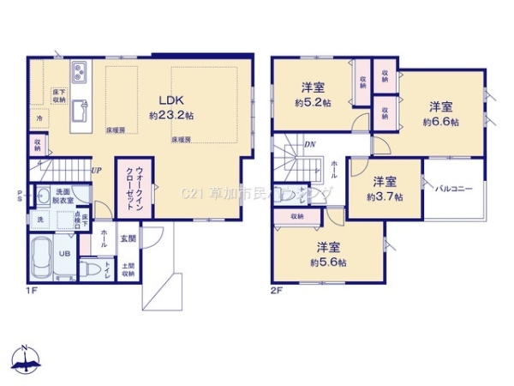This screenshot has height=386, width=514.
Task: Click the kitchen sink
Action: coord(79,111)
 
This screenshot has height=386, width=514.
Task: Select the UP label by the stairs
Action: coord(96,171)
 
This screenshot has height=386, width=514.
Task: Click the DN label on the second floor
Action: coord(309,145)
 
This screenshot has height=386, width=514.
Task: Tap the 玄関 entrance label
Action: coord(127,238)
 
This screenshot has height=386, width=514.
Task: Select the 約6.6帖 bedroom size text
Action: coord(440,121)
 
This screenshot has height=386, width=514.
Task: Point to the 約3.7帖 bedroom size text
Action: coord(385,196)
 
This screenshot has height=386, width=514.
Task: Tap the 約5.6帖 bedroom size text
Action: coord(329,261)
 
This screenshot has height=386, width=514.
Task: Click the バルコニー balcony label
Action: coord(457,188)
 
